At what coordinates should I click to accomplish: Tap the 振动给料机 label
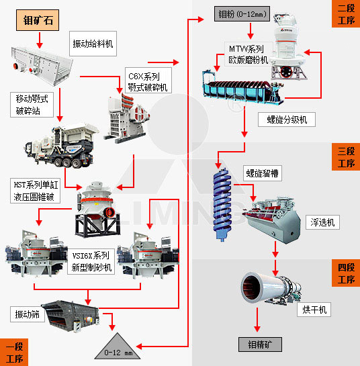(x=93, y=44)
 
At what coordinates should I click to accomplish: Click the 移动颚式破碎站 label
(x=32, y=104)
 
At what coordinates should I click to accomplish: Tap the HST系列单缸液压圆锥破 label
(x=36, y=189)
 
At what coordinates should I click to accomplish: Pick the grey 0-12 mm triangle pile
(x=118, y=346)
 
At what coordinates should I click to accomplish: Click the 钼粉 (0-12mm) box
(x=243, y=13)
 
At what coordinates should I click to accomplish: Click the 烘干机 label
(x=314, y=310)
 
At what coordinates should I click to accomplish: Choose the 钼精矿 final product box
(x=260, y=344)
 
